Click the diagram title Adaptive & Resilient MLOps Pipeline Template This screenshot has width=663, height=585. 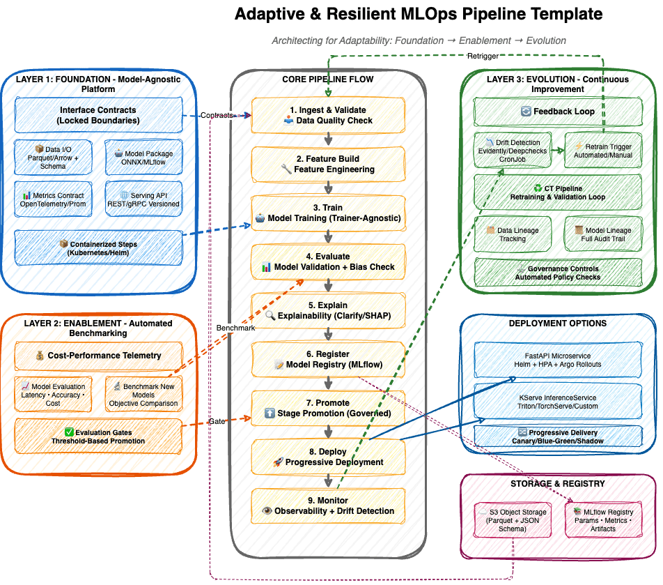[x=418, y=14]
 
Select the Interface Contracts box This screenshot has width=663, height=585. [x=98, y=115]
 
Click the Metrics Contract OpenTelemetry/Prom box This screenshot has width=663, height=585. [x=54, y=199]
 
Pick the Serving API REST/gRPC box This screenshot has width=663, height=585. [x=144, y=199]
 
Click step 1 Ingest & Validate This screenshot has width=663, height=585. [x=328, y=115]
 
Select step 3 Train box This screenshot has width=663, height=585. [x=328, y=213]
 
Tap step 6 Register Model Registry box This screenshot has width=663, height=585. [x=328, y=359]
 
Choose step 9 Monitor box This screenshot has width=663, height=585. [x=328, y=506]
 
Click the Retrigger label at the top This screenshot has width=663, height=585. [x=482, y=56]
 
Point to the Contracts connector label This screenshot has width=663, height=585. [x=217, y=115]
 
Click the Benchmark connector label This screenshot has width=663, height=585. [x=235, y=327]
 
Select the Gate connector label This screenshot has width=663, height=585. [x=216, y=421]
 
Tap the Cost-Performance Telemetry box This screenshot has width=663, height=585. [x=98, y=356]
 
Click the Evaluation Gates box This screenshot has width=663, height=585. [x=98, y=436]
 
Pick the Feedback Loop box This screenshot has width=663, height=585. [x=558, y=112]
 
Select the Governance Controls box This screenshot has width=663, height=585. [x=558, y=273]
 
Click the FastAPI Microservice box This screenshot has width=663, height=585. [x=558, y=360]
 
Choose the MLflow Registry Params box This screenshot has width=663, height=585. [x=603, y=520]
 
